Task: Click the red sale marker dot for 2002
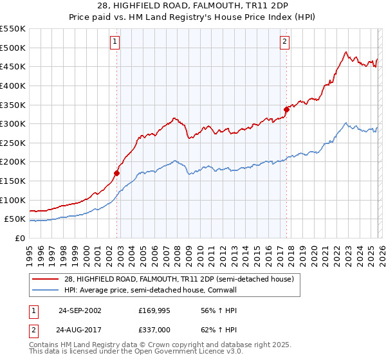click(x=116, y=173)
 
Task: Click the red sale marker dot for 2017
click(x=286, y=109)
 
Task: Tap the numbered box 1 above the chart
click(x=115, y=42)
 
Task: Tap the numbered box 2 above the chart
click(x=284, y=42)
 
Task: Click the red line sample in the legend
click(x=46, y=279)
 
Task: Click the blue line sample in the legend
click(x=46, y=290)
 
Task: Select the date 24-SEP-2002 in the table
click(x=80, y=310)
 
